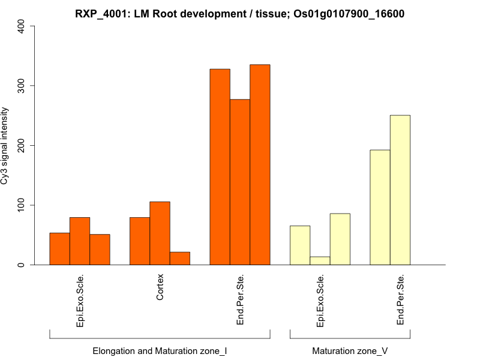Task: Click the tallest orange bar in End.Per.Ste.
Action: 260,164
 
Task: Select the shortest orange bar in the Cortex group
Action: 180,259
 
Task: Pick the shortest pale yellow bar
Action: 320,261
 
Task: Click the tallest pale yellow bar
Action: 400,190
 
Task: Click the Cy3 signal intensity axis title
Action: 5,145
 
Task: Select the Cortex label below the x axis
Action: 160,288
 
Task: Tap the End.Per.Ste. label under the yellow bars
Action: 400,299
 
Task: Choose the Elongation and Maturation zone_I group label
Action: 160,350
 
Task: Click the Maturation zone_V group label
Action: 350,350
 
